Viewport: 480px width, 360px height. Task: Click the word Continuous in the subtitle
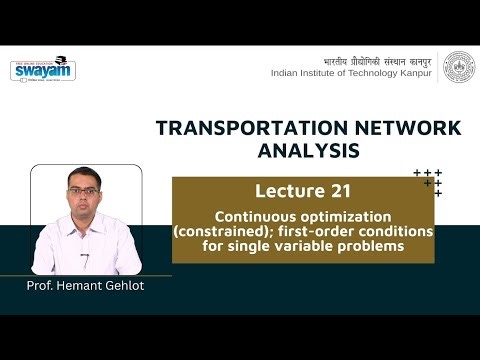pos(251,217)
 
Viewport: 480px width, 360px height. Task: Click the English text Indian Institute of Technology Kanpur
pos(353,74)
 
